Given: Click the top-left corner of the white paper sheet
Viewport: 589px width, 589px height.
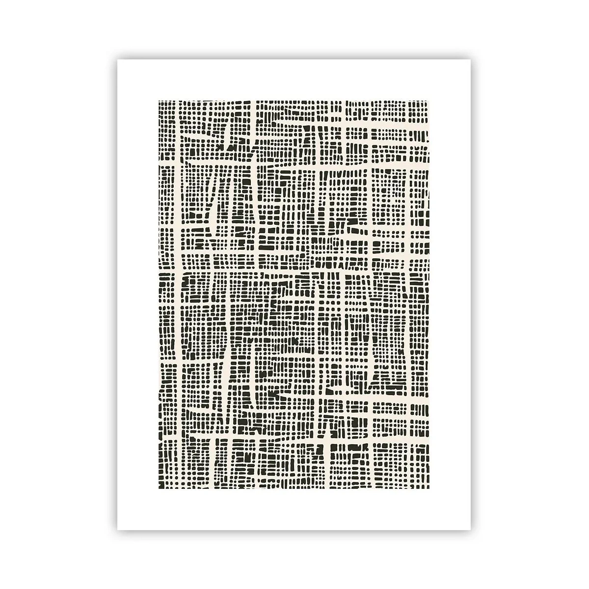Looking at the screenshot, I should tap(118, 59).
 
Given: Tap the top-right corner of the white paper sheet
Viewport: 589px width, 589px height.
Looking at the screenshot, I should tap(471, 59).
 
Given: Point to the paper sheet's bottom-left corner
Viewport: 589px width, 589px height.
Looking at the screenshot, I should tap(118, 530).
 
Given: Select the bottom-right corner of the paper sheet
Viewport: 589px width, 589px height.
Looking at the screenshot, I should tap(471, 530).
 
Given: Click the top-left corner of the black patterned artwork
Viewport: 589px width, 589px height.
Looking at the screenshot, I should tap(159, 100).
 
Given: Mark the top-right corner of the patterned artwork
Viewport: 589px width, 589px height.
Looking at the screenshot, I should tap(430, 100).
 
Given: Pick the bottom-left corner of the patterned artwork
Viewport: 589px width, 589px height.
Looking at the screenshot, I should tap(159, 489).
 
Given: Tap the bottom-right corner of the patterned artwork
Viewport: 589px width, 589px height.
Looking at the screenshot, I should tap(430, 489).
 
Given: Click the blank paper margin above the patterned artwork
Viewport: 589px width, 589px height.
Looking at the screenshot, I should tap(294, 80).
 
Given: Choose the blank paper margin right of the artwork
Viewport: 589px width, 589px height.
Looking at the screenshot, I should tap(451, 294).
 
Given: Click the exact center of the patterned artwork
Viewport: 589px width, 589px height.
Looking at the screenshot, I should tap(294, 294).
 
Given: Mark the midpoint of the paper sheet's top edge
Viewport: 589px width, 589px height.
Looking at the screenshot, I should tap(294, 59).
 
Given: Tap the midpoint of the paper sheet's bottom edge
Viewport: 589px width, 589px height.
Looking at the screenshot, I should tap(294, 530).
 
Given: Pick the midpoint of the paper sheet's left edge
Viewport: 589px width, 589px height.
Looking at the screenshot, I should tap(118, 294).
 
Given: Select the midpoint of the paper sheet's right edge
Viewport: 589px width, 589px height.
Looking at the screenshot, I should tap(471, 294).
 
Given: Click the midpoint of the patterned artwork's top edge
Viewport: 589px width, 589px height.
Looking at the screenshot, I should tap(294, 100).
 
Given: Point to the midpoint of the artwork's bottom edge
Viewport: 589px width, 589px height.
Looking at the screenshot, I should tap(294, 489).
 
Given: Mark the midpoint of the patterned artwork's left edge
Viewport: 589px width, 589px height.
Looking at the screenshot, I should tap(159, 294).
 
